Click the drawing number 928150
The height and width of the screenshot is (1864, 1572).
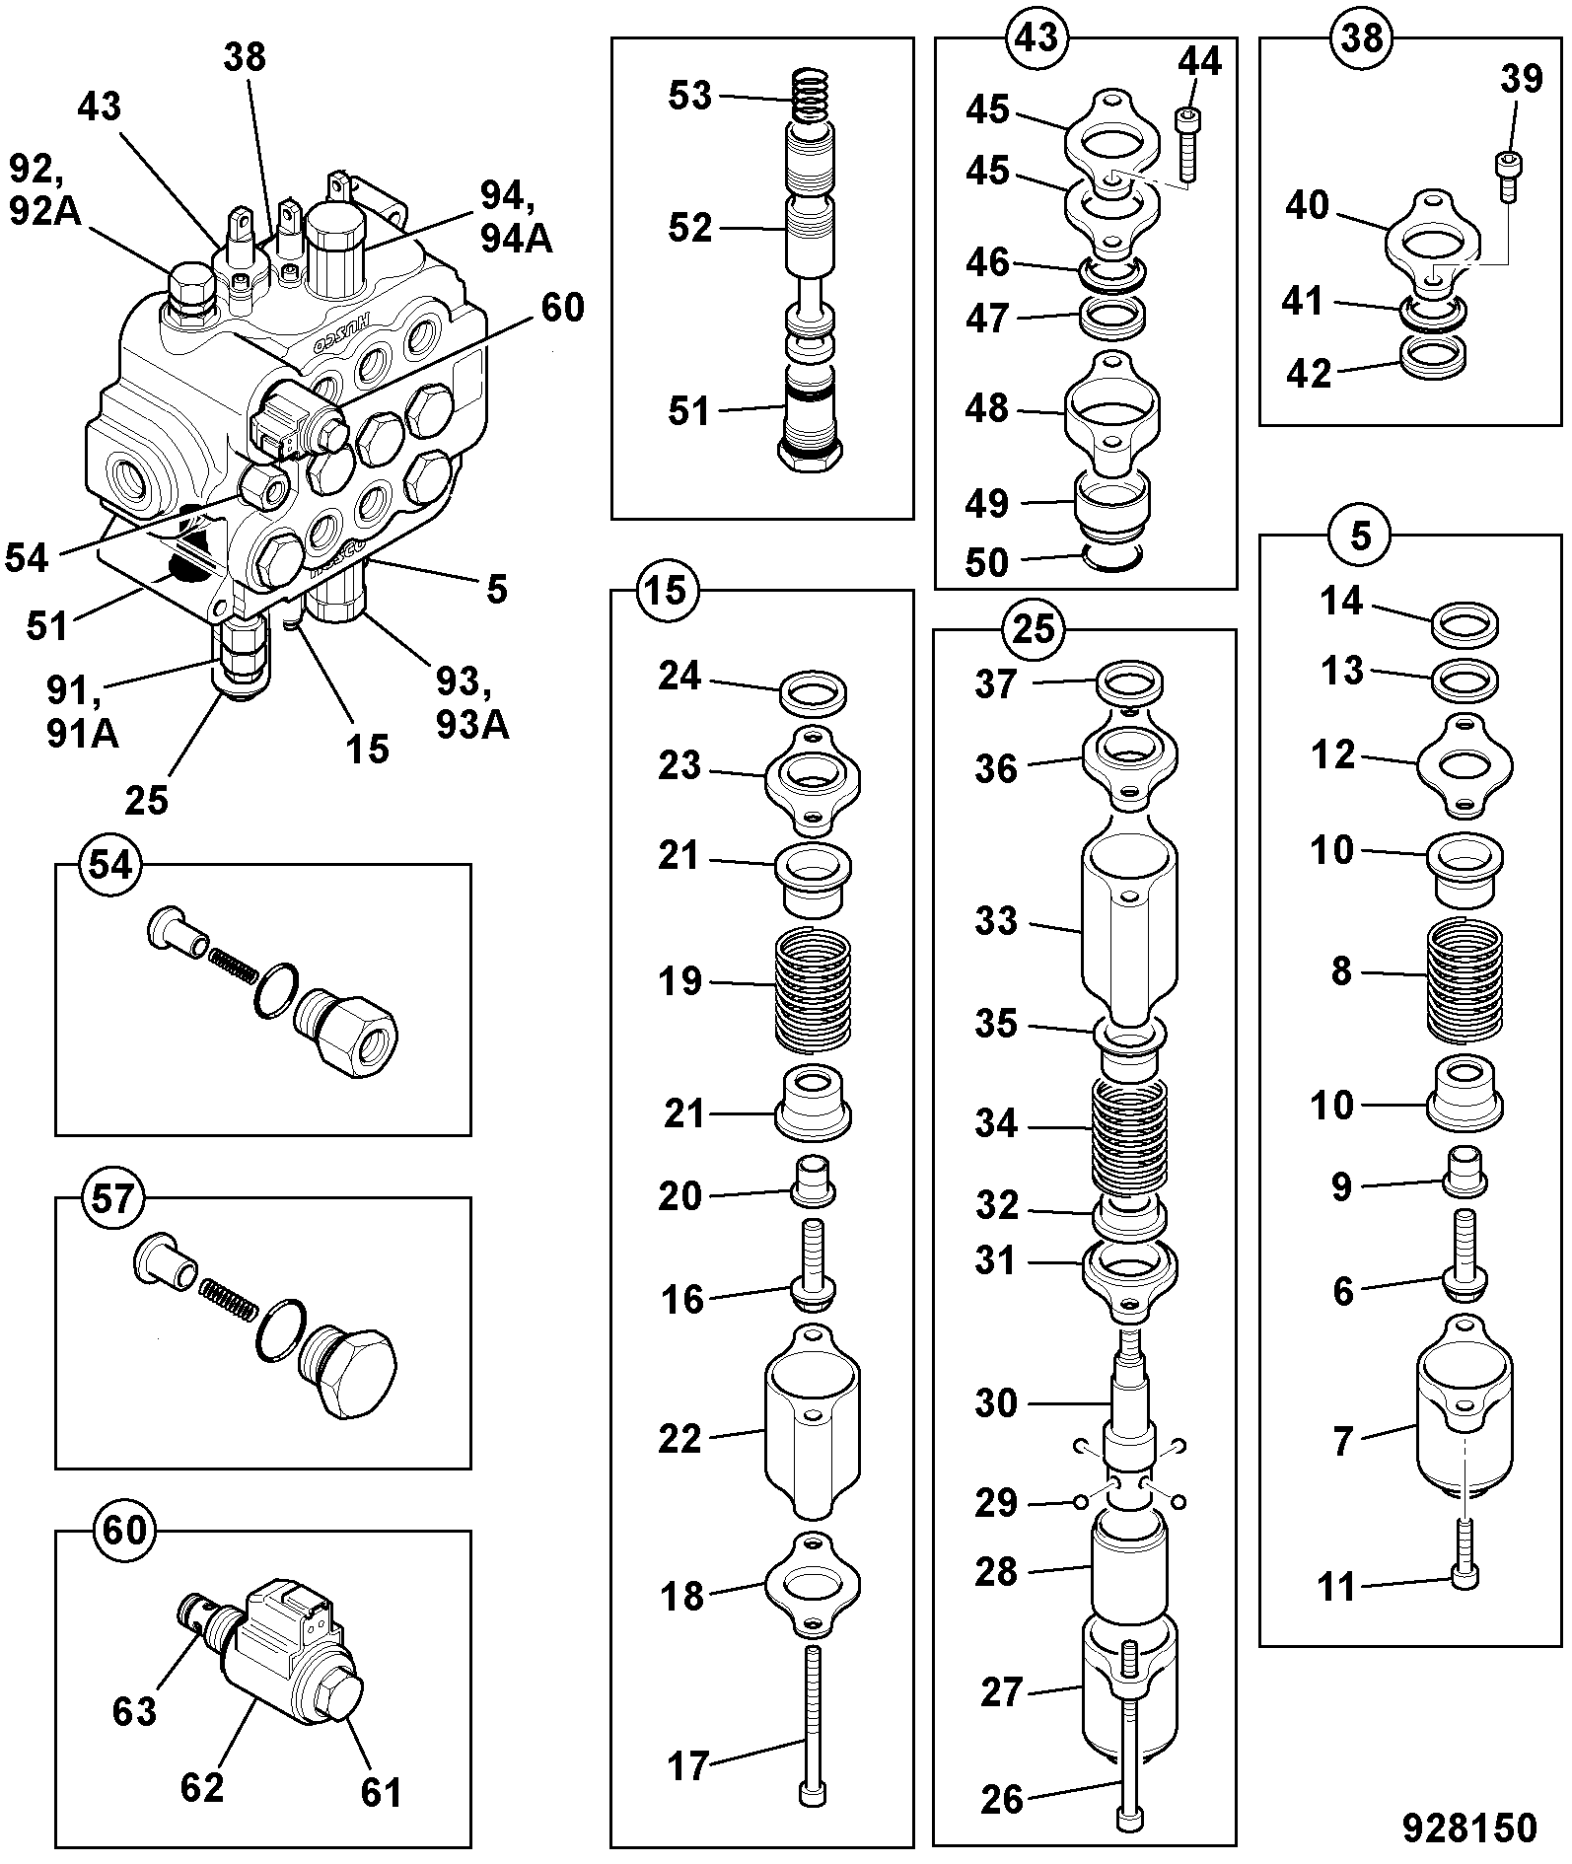(x=1470, y=1828)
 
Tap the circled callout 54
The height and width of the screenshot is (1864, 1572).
(x=110, y=865)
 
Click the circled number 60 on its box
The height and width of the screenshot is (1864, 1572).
(x=124, y=1532)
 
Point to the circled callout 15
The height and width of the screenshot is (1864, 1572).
(x=667, y=592)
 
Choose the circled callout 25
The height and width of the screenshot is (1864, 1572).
(x=1034, y=629)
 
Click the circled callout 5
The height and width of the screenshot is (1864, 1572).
(x=1361, y=536)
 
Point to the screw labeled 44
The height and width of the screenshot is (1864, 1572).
(x=1186, y=144)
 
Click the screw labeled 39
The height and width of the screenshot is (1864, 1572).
(x=1507, y=176)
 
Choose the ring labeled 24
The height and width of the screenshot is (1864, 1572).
(x=815, y=691)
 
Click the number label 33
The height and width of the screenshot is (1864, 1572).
(x=995, y=922)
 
